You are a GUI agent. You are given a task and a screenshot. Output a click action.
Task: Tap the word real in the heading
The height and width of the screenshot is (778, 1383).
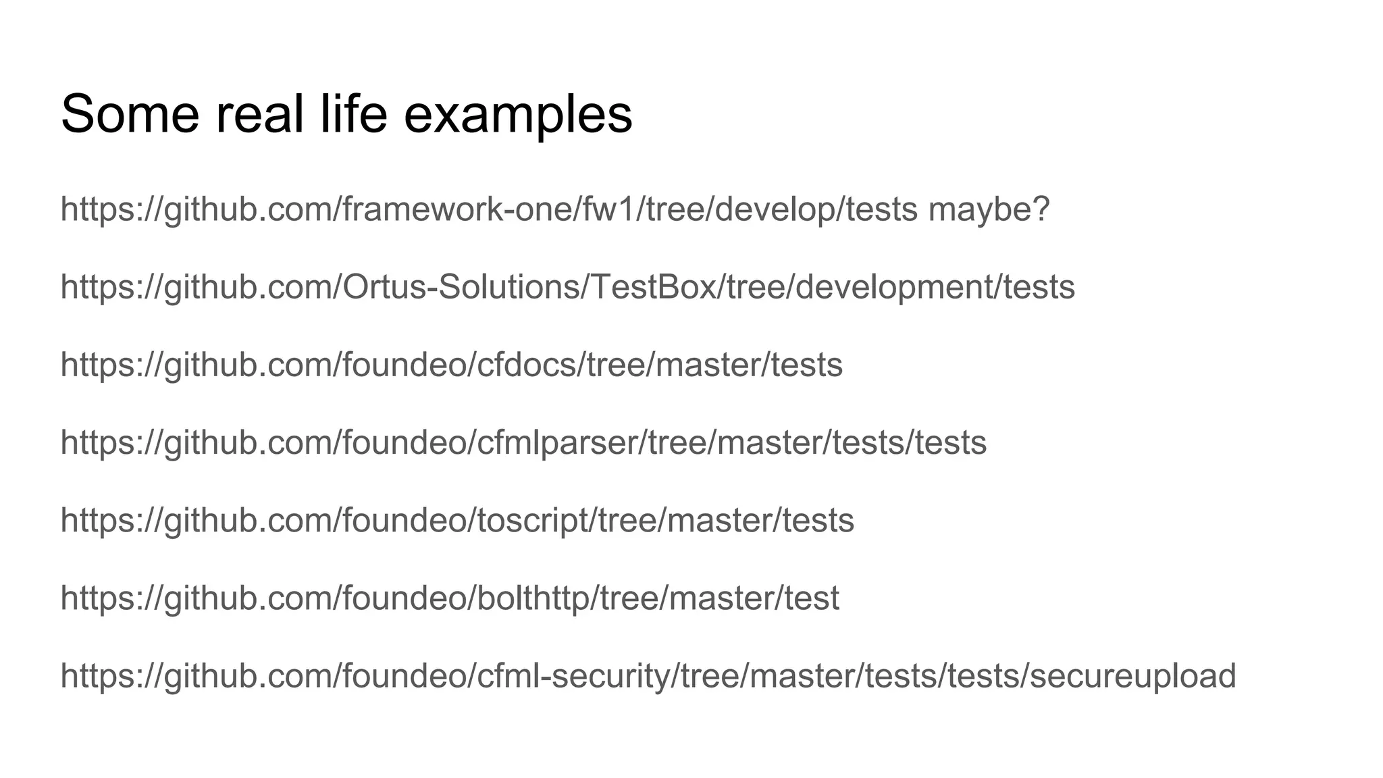(259, 113)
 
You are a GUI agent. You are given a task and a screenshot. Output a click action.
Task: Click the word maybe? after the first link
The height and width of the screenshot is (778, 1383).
(989, 209)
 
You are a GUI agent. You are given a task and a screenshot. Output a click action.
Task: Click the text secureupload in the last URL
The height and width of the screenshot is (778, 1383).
(1133, 675)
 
